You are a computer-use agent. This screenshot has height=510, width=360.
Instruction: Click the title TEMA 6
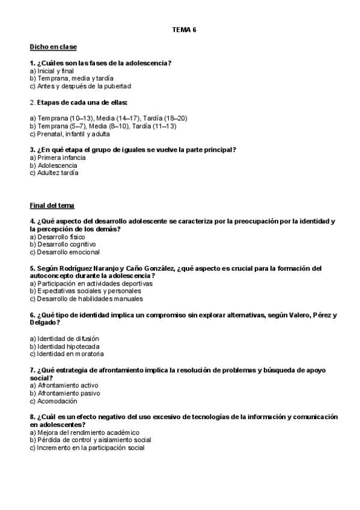pos(184,29)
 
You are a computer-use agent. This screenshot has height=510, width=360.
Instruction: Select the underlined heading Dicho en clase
pos(53,47)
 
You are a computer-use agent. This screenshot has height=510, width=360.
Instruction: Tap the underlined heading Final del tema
pos(52,206)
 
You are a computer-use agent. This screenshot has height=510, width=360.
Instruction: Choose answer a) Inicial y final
pos(52,71)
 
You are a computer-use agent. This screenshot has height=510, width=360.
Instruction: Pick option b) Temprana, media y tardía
pos(72,78)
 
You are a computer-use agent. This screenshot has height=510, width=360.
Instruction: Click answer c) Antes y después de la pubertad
pos(80,86)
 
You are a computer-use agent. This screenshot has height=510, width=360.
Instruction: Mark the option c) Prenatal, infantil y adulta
pos(70,134)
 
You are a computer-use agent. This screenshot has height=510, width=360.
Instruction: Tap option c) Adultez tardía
pos(53,173)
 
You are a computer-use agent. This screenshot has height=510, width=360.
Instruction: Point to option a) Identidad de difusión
pos(64,339)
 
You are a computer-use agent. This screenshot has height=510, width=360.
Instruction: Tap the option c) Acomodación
pos(53,401)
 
